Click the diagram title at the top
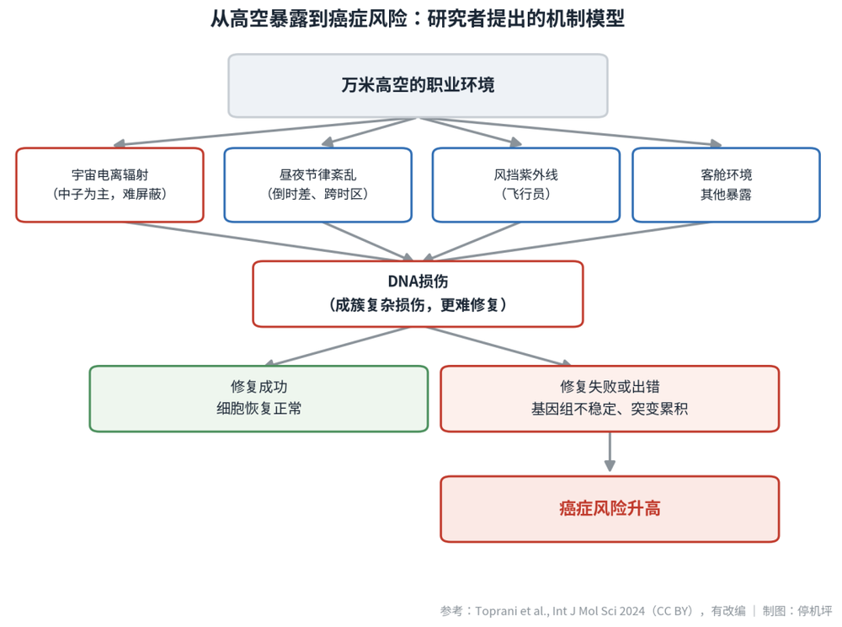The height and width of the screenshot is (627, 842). [418, 19]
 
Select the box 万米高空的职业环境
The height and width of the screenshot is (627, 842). [418, 85]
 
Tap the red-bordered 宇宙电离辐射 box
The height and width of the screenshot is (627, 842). [109, 185]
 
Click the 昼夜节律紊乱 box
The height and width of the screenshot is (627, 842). [318, 185]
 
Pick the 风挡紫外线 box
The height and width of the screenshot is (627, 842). [525, 185]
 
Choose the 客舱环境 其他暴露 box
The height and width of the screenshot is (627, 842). [726, 185]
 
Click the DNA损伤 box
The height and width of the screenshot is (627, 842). [418, 294]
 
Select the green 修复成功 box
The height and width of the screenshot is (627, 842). [258, 399]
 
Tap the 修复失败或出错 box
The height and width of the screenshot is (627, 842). [610, 399]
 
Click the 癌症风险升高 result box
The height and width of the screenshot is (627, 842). [610, 509]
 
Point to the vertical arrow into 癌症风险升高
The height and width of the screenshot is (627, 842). [610, 453]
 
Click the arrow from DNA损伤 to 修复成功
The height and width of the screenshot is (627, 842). [338, 346]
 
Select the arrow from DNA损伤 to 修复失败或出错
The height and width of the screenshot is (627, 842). [498, 346]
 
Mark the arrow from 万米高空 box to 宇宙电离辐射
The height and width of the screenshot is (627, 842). [264, 131]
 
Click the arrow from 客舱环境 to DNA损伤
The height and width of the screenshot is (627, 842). [566, 241]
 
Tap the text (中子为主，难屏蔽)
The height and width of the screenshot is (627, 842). [109, 194]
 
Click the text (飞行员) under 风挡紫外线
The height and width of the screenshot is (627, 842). [525, 194]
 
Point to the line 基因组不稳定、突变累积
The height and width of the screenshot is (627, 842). [610, 409]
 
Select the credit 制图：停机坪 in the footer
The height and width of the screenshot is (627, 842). [797, 611]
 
